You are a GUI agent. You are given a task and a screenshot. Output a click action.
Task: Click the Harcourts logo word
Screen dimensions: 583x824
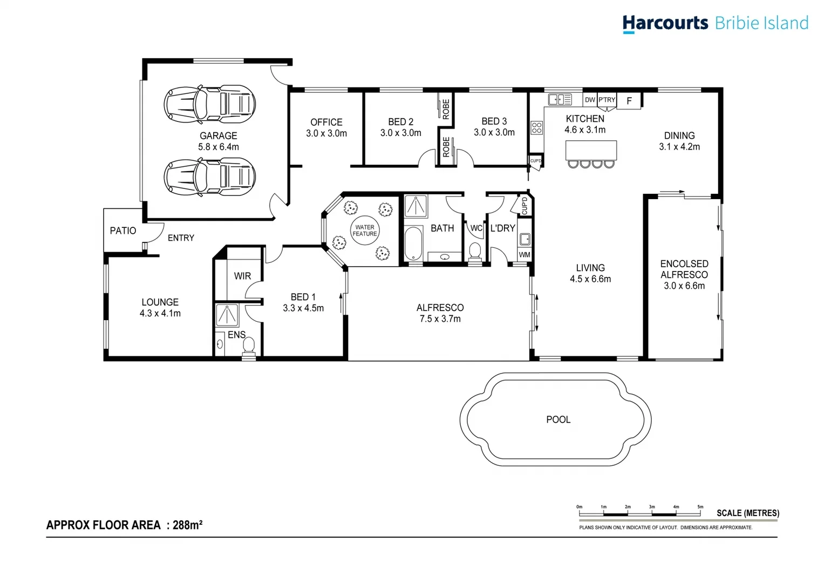665,23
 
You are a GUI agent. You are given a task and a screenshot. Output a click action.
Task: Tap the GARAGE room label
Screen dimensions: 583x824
218,136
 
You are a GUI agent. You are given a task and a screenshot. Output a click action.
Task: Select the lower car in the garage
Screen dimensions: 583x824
209,176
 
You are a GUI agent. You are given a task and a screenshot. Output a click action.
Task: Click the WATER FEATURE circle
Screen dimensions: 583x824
365,231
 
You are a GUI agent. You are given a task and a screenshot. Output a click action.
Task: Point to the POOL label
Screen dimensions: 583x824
558,419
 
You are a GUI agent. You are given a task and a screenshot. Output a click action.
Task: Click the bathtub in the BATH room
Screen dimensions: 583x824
413,244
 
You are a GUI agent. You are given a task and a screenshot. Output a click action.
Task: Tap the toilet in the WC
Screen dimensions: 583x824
475,251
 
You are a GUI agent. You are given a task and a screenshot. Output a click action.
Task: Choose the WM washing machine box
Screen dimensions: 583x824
525,255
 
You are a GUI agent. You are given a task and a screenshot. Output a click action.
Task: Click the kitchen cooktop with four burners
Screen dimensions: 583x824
536,128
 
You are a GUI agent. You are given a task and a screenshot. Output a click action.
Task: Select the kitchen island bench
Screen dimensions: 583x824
591,150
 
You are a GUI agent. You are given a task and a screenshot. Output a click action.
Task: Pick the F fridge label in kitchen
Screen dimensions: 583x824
629,101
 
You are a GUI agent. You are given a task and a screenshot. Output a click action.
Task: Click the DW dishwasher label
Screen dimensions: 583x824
590,100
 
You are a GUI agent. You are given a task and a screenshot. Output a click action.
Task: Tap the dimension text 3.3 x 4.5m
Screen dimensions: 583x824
303,308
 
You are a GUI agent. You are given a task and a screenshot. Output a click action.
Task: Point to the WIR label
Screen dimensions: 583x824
242,276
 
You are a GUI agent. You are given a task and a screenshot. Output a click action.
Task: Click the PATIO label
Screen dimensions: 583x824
123,231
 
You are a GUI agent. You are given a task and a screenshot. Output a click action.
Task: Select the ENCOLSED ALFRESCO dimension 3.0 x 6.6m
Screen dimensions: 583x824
684,286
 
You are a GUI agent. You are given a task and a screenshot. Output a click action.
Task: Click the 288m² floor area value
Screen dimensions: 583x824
187,525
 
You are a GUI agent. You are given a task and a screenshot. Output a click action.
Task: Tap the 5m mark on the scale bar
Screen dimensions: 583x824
700,507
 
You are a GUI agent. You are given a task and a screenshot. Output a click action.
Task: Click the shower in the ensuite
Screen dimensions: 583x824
227,315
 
